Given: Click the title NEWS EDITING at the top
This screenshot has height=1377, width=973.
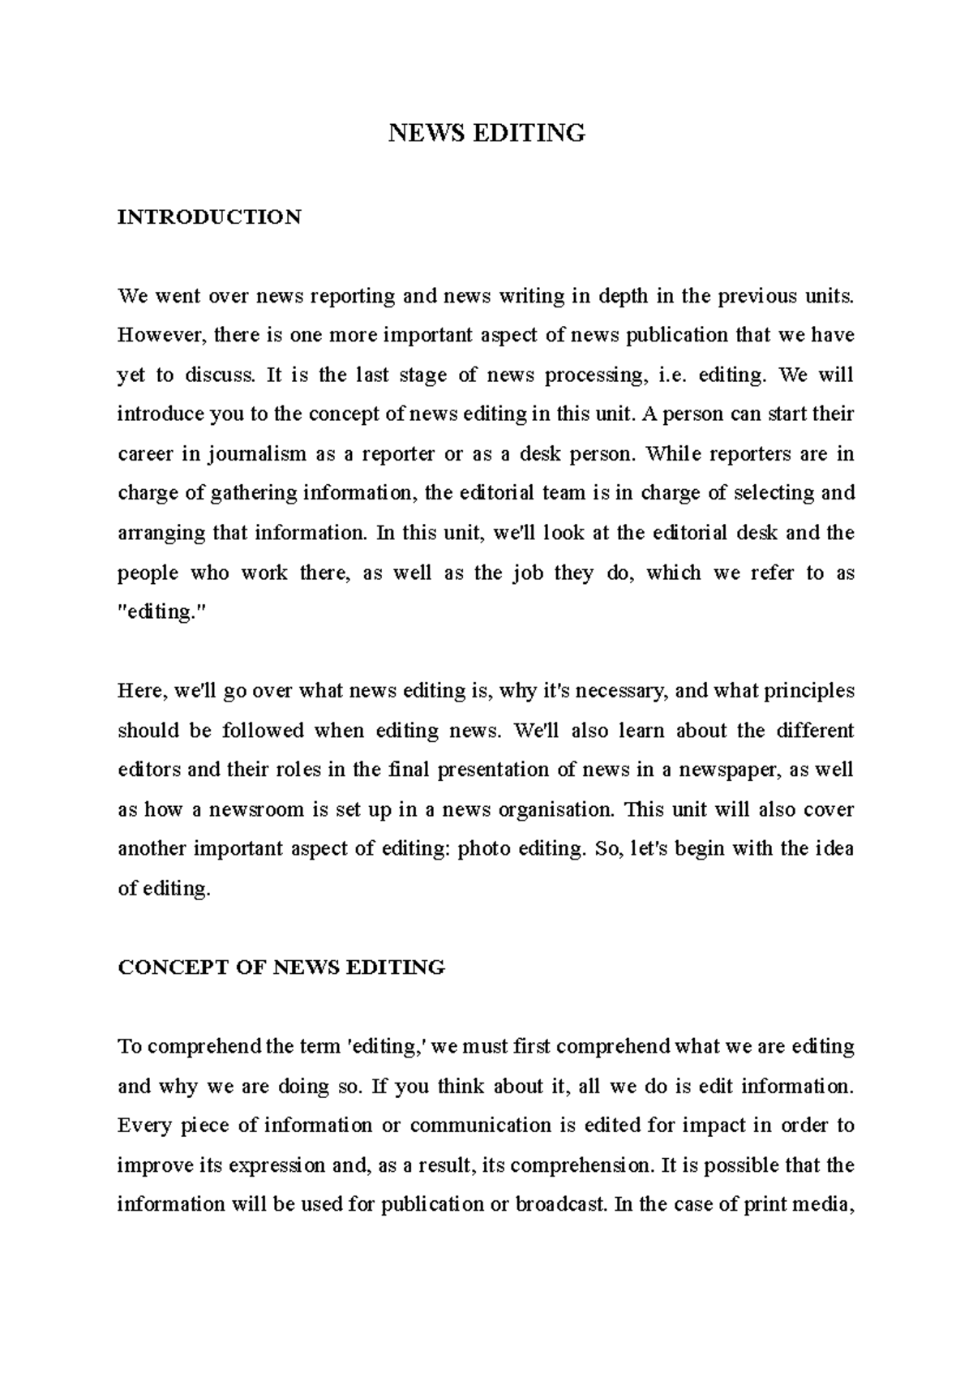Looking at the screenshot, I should coord(486,132).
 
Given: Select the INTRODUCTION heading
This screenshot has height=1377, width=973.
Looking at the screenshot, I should coord(209,217).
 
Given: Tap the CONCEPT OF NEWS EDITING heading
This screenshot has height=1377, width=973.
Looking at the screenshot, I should coord(281,967).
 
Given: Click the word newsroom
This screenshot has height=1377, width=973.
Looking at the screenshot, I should coord(256,809).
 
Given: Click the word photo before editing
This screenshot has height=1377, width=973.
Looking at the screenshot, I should coord(483,849).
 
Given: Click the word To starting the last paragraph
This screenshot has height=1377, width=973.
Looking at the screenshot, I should coord(130,1046).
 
